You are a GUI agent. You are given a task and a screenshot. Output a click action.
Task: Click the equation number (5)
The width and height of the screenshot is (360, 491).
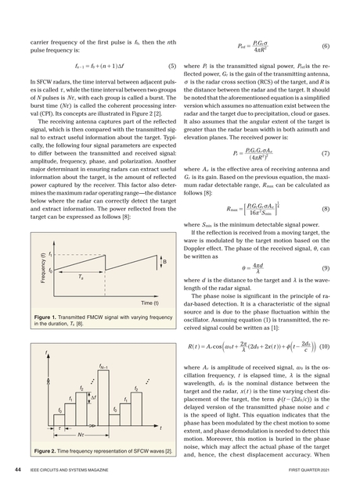tap(170, 66)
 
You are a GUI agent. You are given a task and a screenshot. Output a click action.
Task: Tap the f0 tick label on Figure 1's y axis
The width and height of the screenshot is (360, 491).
tap(50, 270)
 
